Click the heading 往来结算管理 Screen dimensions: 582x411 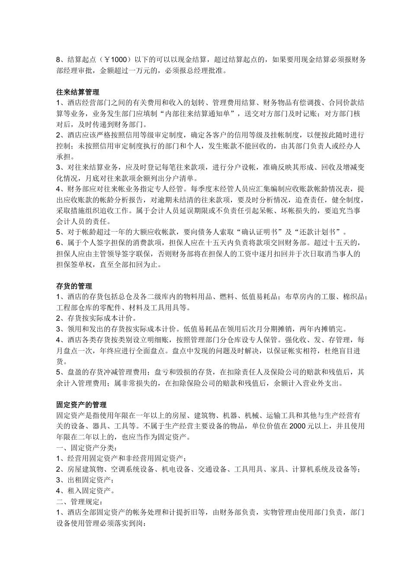click(x=77, y=92)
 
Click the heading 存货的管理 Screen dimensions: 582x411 click(x=74, y=286)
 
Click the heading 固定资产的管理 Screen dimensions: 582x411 click(x=81, y=404)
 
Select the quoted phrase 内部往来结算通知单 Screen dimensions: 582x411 click(x=199, y=114)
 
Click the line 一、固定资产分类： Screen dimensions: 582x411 click(x=87, y=448)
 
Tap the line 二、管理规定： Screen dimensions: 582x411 click(x=79, y=502)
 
